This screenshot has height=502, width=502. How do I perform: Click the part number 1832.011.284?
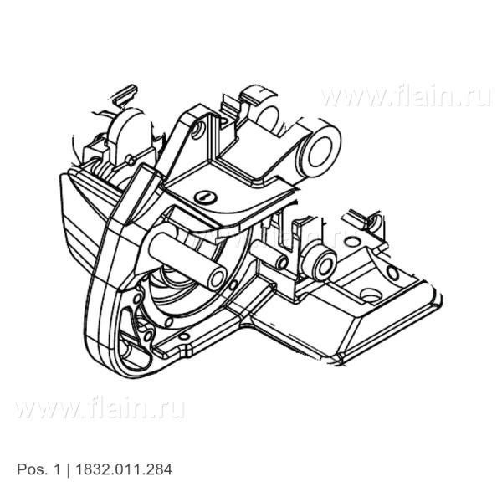coord(124,469)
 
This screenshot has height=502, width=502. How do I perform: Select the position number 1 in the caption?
coord(57,469)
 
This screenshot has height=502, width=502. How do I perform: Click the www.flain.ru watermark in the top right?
coord(406,96)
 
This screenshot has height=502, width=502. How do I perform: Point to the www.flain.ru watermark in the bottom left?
coord(100,408)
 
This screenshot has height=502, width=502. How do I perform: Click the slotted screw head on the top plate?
coord(205,197)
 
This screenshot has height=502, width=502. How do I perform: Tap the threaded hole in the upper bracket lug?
coord(197,130)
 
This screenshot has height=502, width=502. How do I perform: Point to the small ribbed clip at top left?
coord(125,94)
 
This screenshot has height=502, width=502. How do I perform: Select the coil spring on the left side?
coord(102,172)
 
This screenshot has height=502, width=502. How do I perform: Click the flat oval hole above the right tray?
coord(354,242)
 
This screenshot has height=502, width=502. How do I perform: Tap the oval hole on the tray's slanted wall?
coord(392,273)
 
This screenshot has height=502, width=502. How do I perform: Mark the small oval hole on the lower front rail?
coord(183,336)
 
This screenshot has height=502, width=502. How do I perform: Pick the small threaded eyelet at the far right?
coord(376,222)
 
